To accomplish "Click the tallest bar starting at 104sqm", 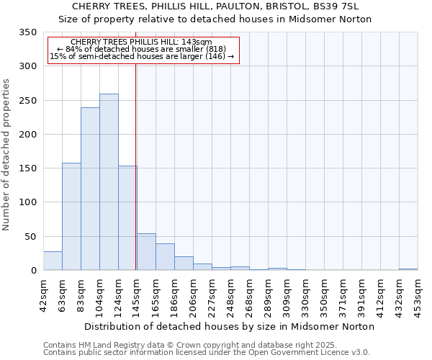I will coord(109,182).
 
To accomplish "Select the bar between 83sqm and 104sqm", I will coord(90,189).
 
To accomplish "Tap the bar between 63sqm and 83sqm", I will coord(71,217).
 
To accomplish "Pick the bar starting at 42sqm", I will coord(53,261).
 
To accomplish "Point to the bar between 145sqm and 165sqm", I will coord(146,252).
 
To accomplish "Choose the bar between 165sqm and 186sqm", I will coord(165,257).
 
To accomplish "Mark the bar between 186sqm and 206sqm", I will coord(184,264).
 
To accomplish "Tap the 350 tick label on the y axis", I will coord(27,32).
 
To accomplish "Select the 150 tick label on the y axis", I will coord(27,168).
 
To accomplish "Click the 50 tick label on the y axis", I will coord(30,237).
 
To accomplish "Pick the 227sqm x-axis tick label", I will coord(212,292).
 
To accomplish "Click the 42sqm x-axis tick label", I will coord(43,292).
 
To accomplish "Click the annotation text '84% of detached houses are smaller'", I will coord(142,49).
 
